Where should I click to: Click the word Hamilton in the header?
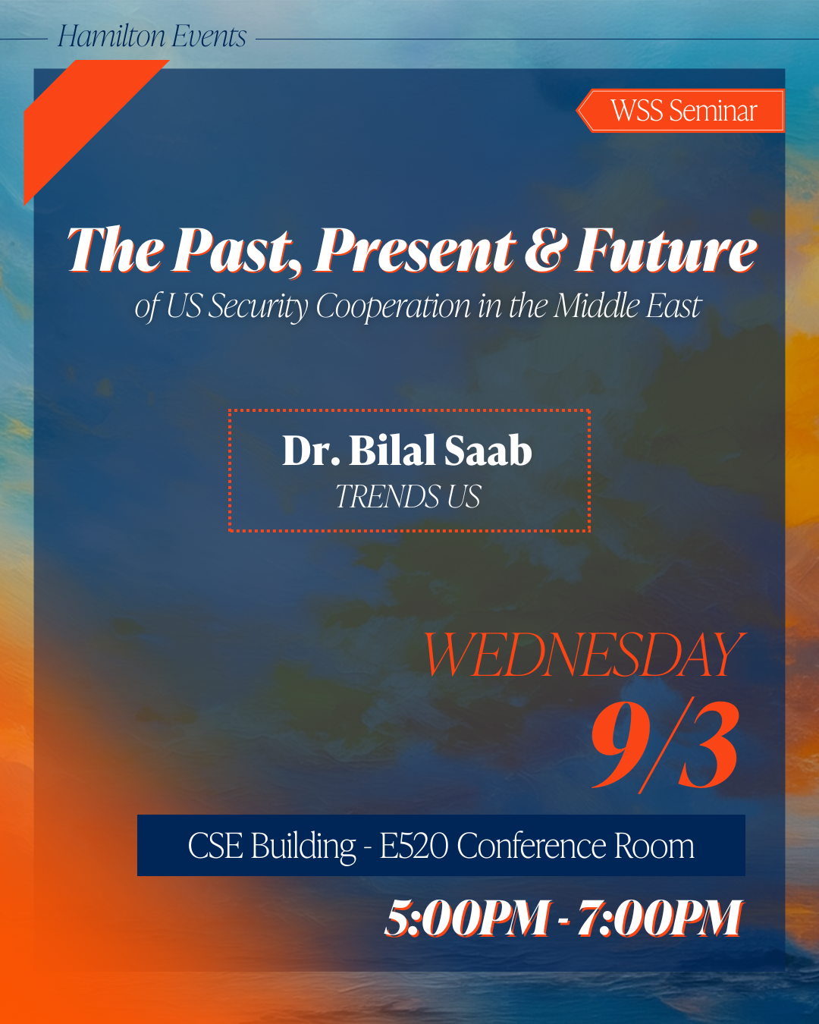click(111, 36)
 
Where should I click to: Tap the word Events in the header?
click(209, 36)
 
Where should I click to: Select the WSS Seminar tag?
click(680, 111)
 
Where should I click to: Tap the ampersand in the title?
click(546, 250)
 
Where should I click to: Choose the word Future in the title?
click(667, 250)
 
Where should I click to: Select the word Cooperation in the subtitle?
click(393, 306)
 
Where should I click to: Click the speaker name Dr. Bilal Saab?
click(407, 450)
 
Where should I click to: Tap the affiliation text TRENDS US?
click(408, 496)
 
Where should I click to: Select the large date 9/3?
click(666, 746)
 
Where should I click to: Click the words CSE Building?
click(271, 846)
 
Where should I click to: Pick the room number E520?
click(413, 846)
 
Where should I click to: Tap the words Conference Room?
click(576, 846)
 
